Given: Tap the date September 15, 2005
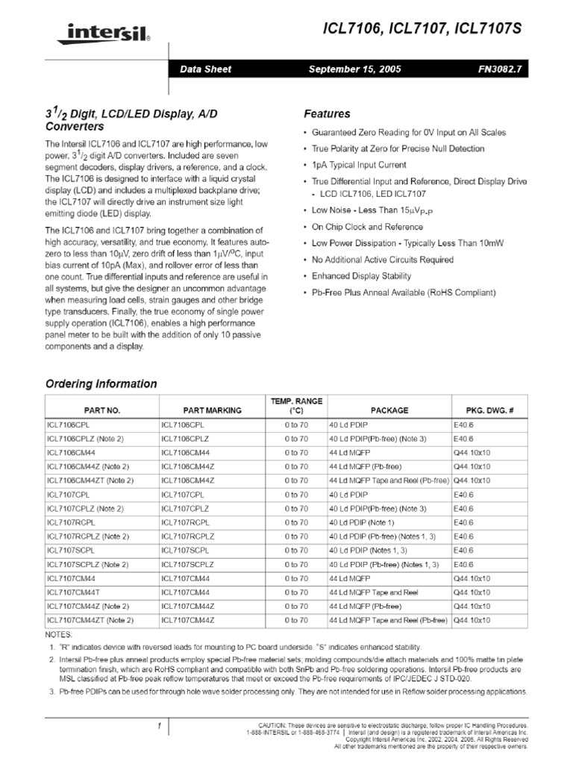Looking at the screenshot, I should point(354,69).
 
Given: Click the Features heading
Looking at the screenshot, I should point(327,114).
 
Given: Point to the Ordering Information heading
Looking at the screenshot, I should point(101,384).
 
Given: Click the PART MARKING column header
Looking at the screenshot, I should point(212,410).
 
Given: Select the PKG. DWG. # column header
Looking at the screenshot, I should point(489,410).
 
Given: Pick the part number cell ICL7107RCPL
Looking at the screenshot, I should point(71,522).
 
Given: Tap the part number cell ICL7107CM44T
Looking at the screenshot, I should point(73,592).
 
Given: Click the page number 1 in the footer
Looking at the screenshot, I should point(160,726).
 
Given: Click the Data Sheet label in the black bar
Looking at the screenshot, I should point(206,69).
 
